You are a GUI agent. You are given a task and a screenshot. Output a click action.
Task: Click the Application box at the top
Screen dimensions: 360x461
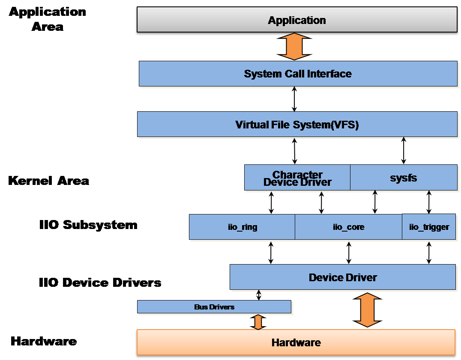(x=296, y=20)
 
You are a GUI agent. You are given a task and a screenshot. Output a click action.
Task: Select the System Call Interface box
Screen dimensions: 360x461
(x=298, y=74)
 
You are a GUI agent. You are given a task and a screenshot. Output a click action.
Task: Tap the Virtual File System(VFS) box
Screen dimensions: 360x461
(x=297, y=125)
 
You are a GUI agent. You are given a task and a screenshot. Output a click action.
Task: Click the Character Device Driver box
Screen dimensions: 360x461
(x=297, y=178)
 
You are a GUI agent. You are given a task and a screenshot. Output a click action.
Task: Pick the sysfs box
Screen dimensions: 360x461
(x=404, y=178)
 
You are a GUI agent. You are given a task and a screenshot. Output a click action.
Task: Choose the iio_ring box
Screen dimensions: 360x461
(x=242, y=227)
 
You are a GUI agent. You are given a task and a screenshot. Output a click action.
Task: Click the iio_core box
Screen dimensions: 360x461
(x=348, y=227)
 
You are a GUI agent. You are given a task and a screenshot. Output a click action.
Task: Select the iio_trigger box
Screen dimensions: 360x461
(x=429, y=227)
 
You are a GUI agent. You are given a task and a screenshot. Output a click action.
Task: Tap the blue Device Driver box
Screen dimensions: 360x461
(x=342, y=277)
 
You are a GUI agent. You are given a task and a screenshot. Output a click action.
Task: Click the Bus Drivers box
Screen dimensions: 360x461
(x=214, y=307)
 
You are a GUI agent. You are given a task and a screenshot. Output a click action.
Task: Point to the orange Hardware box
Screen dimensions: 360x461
(x=296, y=342)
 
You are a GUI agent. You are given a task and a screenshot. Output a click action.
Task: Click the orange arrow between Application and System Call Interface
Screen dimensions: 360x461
(x=294, y=48)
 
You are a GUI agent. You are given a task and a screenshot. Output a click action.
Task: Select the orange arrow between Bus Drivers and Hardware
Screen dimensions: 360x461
(x=258, y=322)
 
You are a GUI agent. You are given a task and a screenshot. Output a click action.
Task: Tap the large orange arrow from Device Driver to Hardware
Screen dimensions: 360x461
(x=368, y=309)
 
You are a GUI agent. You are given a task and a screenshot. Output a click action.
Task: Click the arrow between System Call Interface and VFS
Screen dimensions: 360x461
(x=294, y=99)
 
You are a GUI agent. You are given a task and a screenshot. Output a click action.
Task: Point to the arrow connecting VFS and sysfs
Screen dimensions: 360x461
(x=403, y=151)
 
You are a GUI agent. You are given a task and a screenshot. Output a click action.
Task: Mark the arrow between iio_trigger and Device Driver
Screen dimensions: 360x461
(x=429, y=252)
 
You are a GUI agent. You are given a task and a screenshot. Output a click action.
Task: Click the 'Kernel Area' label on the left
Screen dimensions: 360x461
(x=48, y=181)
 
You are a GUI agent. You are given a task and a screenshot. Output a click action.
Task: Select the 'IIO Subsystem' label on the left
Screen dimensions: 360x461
(x=88, y=225)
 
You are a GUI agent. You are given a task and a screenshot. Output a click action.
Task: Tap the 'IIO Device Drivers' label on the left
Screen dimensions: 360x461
(x=100, y=283)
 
